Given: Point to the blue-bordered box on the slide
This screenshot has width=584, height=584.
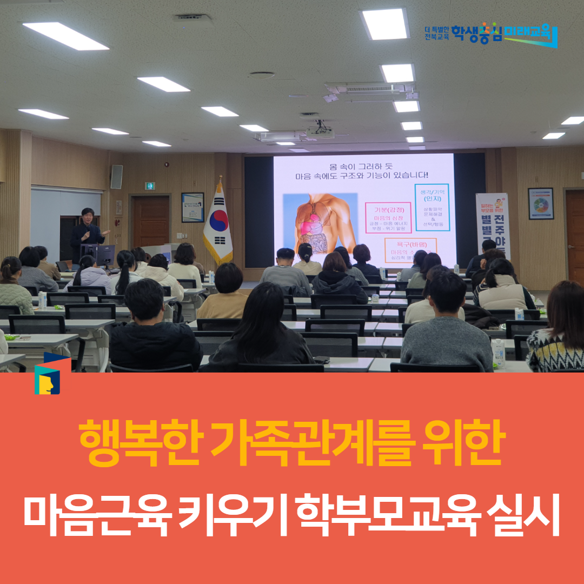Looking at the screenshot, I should pos(432,207).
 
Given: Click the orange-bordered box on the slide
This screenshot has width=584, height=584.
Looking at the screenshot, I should pos(410,250).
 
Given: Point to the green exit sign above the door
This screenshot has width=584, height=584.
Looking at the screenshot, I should pos(150,185).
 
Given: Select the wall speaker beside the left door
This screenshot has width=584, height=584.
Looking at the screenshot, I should pos(116,177).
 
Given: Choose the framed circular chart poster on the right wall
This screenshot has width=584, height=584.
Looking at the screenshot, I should pos(541,203).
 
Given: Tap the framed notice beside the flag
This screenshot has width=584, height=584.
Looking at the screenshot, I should pos(193,207).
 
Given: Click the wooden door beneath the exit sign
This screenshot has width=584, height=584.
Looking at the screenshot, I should pos(151,222).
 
